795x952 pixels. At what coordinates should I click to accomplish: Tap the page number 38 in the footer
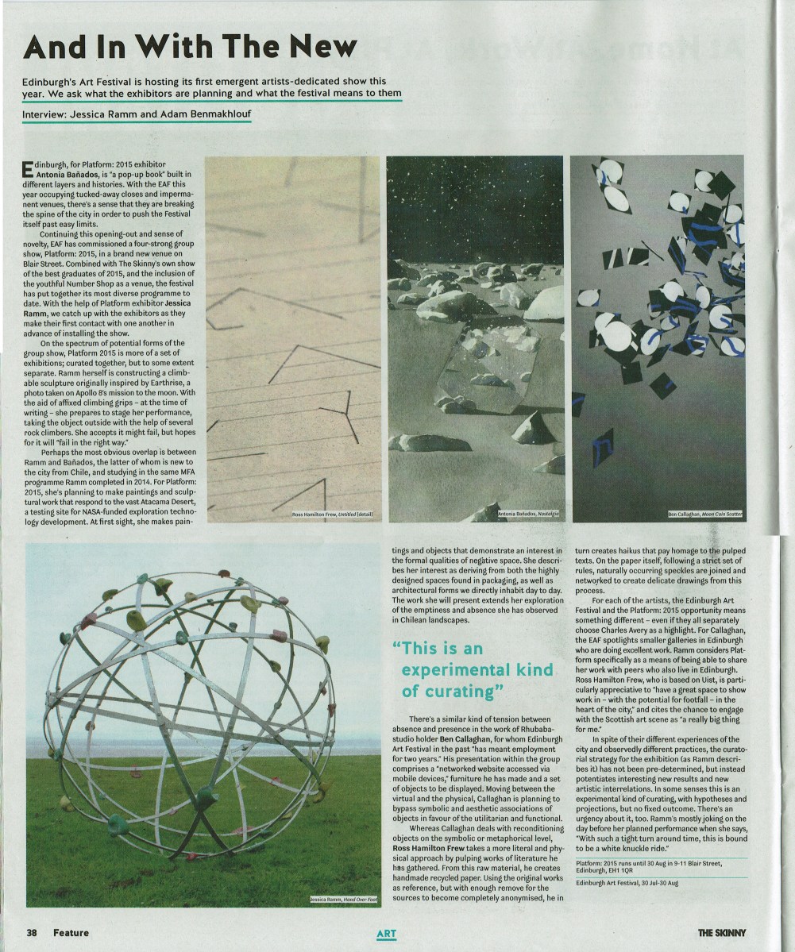[x=33, y=932]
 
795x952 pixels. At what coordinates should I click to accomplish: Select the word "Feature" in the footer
[x=71, y=932]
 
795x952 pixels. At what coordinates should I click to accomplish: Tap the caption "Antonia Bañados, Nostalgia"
[x=529, y=515]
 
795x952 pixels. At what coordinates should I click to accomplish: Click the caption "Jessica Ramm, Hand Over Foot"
[x=344, y=900]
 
